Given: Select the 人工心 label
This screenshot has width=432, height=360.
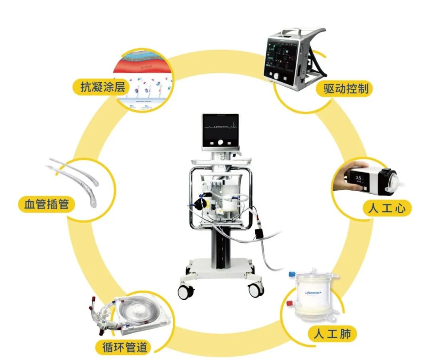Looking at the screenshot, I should point(384,209).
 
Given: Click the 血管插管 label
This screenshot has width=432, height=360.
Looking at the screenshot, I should point(44,205).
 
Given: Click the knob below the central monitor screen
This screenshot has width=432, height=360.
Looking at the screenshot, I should point(220,143).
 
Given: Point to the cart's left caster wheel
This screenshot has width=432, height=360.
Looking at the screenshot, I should point(186,292).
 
